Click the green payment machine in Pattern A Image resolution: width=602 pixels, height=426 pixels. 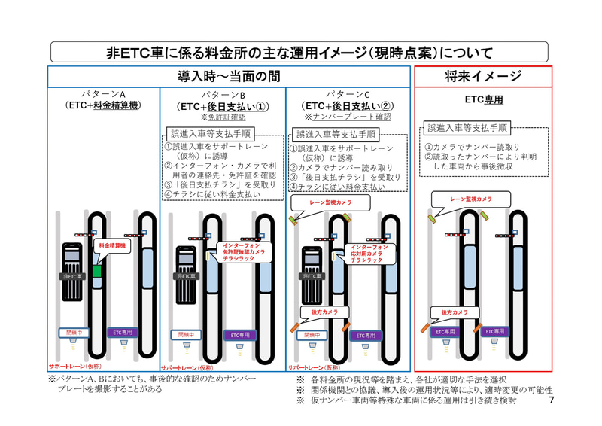pyautogui.click(x=96, y=270)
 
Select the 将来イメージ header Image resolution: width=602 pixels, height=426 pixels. pyautogui.click(x=483, y=76)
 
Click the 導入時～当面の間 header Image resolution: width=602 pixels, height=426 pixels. pyautogui.click(x=230, y=76)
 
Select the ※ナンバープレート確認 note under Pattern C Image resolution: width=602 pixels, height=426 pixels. pyautogui.click(x=348, y=117)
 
